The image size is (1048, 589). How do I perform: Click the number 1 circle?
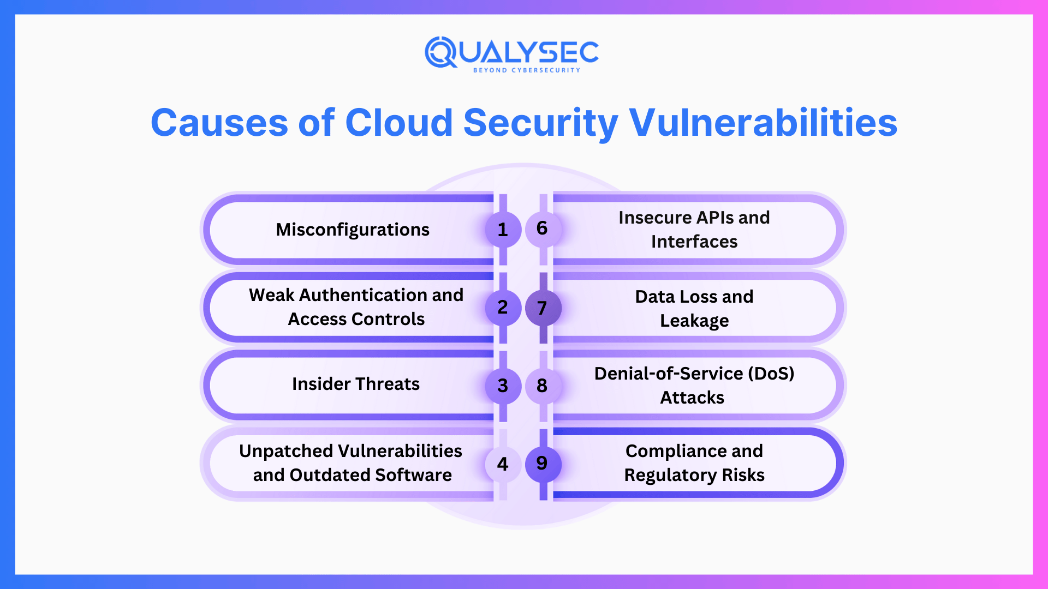click(x=503, y=230)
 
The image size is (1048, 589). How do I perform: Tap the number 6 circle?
click(x=543, y=229)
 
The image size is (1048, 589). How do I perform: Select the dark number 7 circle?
click(x=543, y=308)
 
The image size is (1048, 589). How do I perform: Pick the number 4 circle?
click(x=503, y=464)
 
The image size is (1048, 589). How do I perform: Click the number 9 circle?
click(x=543, y=464)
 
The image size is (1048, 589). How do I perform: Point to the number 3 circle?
click(x=503, y=386)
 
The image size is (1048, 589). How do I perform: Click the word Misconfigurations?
click(x=353, y=230)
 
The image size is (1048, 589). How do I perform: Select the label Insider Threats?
click(x=356, y=384)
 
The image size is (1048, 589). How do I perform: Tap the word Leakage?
click(x=694, y=321)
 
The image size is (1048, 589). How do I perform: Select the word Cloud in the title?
click(x=399, y=122)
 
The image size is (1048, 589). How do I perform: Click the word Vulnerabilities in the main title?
click(x=763, y=122)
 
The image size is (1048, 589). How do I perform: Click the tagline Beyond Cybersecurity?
click(x=527, y=70)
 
